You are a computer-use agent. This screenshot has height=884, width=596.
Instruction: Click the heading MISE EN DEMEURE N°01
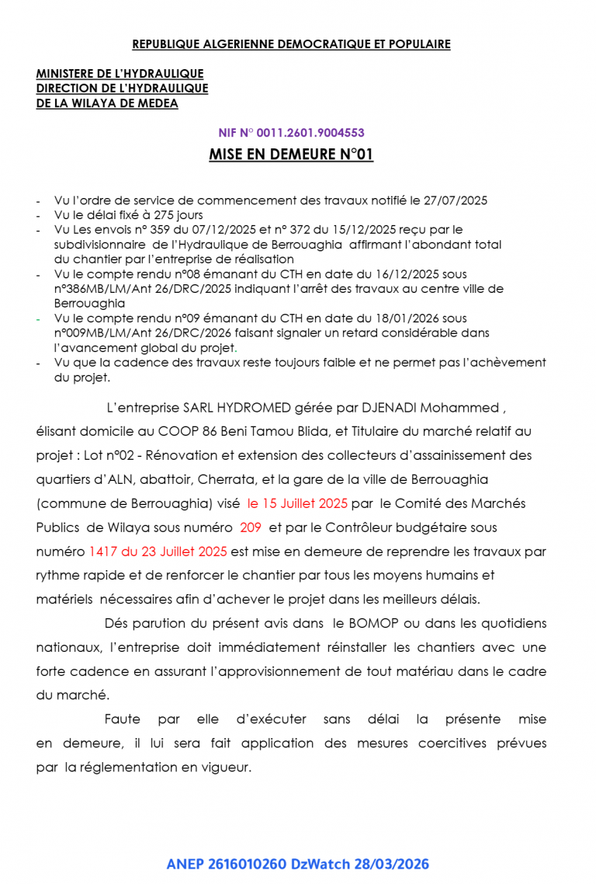pos(291,155)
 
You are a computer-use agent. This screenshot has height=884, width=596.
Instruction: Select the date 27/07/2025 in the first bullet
pos(456,200)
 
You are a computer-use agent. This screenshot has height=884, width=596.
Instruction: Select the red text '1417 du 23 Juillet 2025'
pos(158,552)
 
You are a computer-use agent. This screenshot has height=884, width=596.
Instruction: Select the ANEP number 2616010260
pos(247,864)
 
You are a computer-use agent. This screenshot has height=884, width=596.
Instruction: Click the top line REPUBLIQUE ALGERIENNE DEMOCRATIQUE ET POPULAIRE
pos(291,44)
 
